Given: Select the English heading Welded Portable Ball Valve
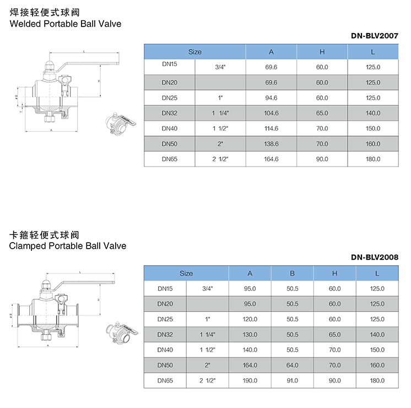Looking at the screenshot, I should (x=66, y=24).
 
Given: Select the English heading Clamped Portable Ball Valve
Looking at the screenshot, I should (x=68, y=246).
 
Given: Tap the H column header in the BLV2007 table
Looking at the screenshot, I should (x=322, y=52).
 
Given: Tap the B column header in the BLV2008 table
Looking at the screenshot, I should (x=293, y=273).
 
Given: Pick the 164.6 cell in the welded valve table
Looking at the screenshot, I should (x=272, y=159).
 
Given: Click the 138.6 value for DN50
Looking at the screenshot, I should (x=272, y=144).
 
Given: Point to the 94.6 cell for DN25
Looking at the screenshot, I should (x=272, y=98).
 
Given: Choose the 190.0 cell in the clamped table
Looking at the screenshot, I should (x=250, y=380).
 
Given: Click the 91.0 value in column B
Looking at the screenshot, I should (x=293, y=380).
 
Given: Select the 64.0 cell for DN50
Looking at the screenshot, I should (x=293, y=365).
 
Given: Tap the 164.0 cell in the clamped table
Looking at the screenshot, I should (x=250, y=365).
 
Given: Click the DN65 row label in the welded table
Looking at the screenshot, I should (x=169, y=159).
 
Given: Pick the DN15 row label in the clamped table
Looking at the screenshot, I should (x=165, y=288).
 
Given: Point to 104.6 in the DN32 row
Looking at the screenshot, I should (x=272, y=113).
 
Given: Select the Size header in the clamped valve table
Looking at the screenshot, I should (x=186, y=273).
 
